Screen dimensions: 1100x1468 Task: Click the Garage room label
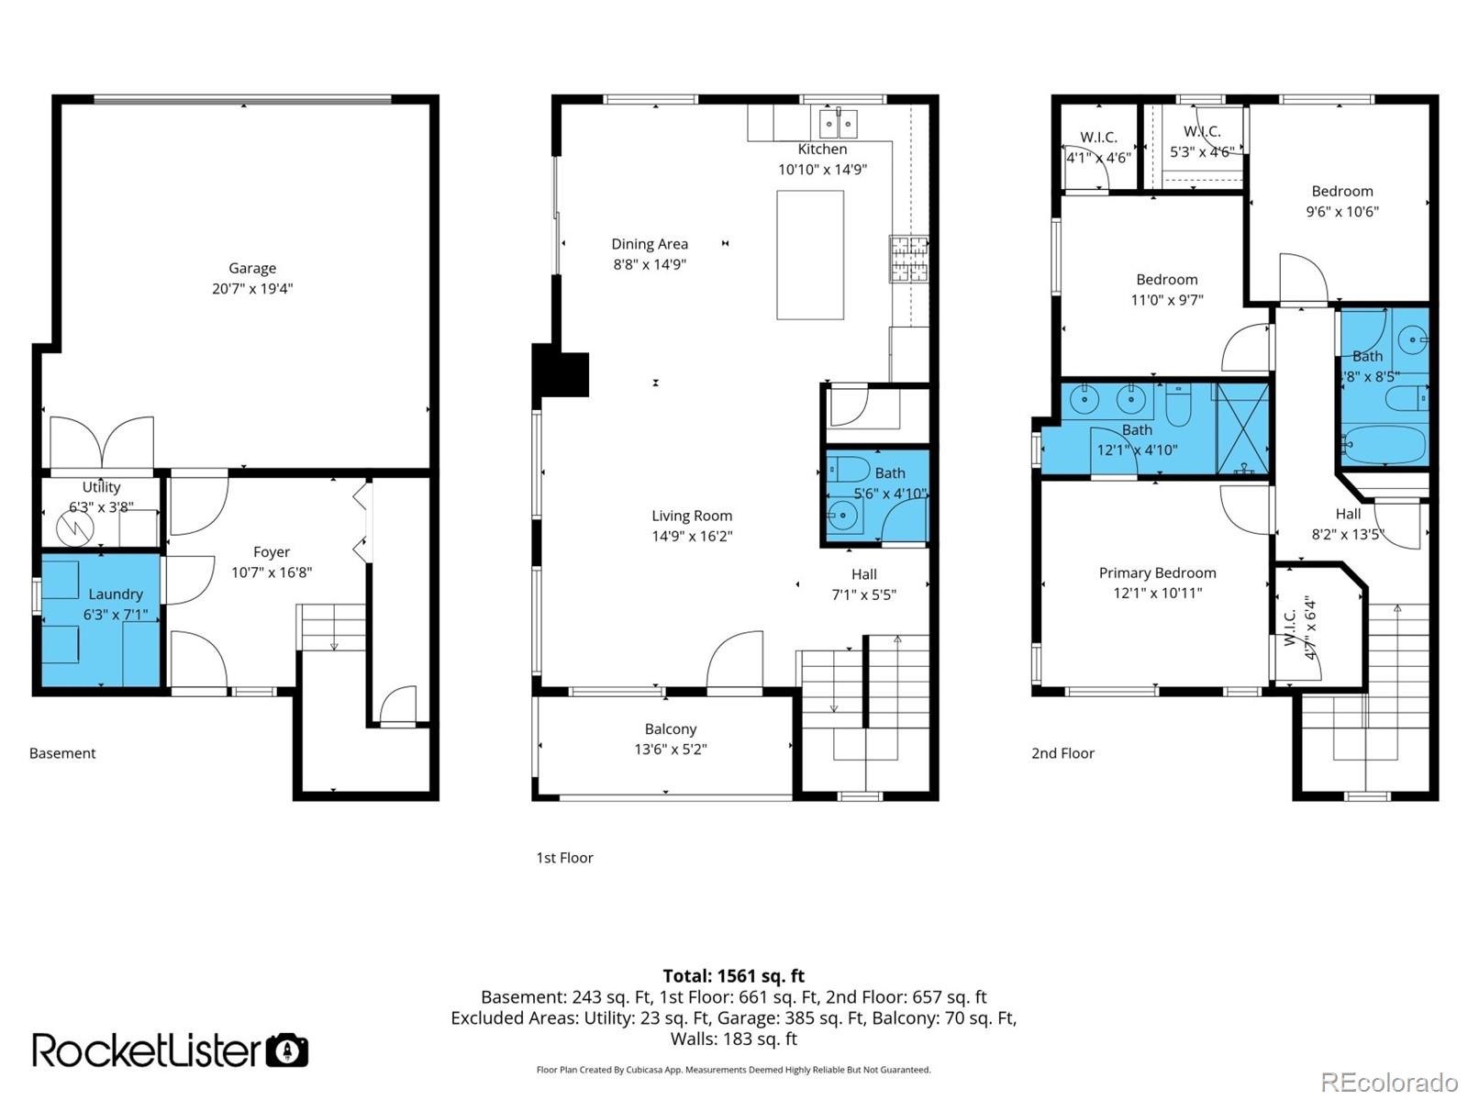pyautogui.click(x=252, y=268)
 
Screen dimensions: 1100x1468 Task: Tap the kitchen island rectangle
pyautogui.click(x=810, y=255)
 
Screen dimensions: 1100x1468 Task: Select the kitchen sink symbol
pyautogui.click(x=839, y=122)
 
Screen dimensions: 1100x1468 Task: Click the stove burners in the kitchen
pyautogui.click(x=907, y=259)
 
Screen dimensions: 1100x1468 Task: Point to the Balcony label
pyautogui.click(x=670, y=728)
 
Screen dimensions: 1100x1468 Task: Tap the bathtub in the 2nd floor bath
pyautogui.click(x=1384, y=446)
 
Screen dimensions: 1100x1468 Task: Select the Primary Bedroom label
pyautogui.click(x=1157, y=572)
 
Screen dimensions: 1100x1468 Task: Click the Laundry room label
pyautogui.click(x=116, y=594)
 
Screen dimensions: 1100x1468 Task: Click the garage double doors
pyautogui.click(x=102, y=443)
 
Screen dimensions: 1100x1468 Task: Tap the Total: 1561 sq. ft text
pyautogui.click(x=733, y=976)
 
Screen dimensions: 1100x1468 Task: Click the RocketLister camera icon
pyautogui.click(x=287, y=1050)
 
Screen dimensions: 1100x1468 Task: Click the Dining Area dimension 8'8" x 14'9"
pyautogui.click(x=650, y=264)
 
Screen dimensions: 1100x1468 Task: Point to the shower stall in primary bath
pyautogui.click(x=1242, y=429)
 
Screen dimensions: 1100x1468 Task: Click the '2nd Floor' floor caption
pyautogui.click(x=1062, y=753)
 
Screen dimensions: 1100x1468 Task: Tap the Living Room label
pyautogui.click(x=692, y=516)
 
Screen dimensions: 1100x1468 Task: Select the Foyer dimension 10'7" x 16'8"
pyautogui.click(x=272, y=572)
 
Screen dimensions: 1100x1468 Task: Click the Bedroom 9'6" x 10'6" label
pyautogui.click(x=1341, y=191)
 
